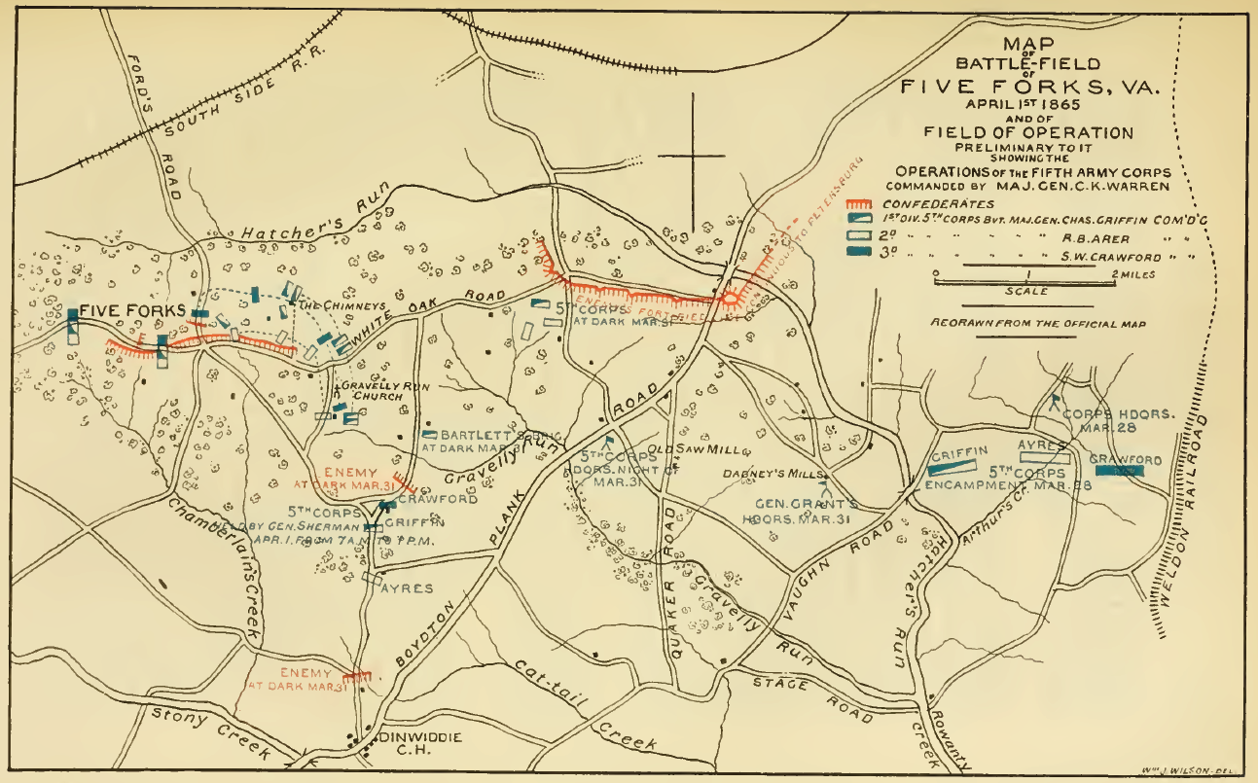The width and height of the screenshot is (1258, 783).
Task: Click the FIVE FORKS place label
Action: [132, 310]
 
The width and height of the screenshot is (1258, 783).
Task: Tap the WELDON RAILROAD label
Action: [1189, 525]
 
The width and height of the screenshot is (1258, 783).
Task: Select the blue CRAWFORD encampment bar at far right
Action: [1118, 471]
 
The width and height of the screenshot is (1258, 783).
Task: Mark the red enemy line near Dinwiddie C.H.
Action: [357, 674]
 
